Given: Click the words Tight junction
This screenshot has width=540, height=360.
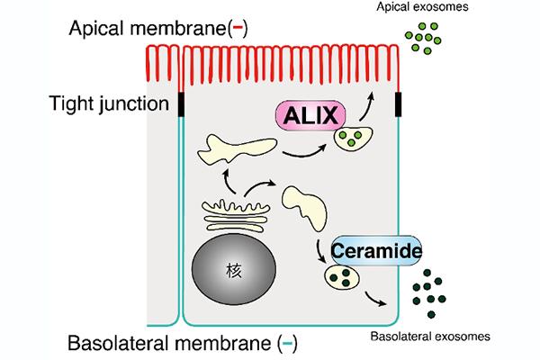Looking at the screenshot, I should point(109,103).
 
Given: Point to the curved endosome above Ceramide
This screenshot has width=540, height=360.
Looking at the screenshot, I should point(305,207).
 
